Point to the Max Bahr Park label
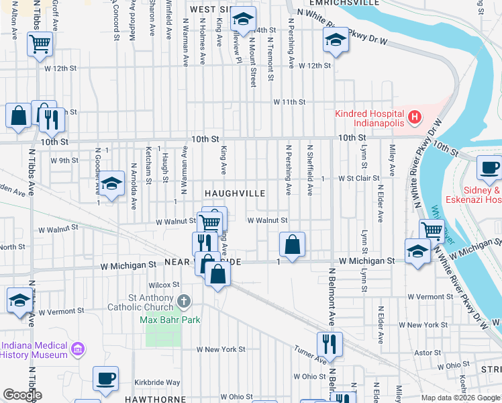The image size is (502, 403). point(170,320)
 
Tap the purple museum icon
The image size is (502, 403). point(79,349)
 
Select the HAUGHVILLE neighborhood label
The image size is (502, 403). point(235,193)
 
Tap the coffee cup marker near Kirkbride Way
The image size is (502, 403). point(105,378)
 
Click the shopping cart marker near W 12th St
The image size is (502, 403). point(40,44)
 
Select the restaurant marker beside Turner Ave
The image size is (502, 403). point(330,343)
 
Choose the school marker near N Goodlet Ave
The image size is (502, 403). point(111,183)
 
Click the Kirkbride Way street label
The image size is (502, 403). point(157,382)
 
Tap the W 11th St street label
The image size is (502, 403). point(289,102)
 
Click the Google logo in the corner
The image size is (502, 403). point(21,395)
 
